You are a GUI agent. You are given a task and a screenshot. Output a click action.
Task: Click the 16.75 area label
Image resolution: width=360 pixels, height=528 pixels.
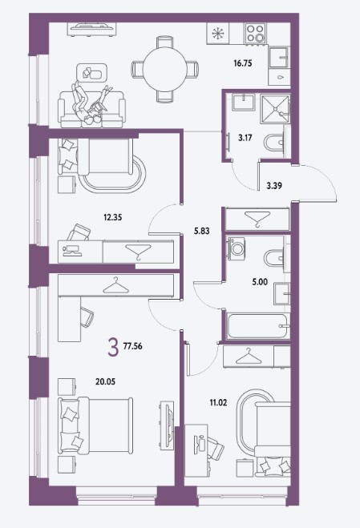(x=243, y=63)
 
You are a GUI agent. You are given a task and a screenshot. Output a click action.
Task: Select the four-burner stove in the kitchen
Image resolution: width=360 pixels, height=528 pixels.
(x=256, y=33)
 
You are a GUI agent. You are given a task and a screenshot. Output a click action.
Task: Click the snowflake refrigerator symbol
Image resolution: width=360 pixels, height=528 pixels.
(x=217, y=34)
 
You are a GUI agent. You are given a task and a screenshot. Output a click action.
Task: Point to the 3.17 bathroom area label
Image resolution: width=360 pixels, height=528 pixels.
(x=245, y=137)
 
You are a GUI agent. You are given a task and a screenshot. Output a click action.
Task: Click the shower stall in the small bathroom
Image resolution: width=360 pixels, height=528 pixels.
(x=276, y=109)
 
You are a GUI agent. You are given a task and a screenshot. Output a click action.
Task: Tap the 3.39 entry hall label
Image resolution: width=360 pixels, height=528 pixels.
(x=274, y=186)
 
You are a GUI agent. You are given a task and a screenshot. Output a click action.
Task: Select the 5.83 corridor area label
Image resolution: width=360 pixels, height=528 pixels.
(x=201, y=231)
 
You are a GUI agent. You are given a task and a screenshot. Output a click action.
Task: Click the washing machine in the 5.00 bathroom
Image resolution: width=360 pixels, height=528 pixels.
(x=237, y=248)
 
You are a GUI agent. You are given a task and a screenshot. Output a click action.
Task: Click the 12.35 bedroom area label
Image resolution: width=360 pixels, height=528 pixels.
(x=113, y=218)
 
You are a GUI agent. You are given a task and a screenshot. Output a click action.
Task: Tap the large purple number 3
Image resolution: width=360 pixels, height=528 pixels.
(x=113, y=347)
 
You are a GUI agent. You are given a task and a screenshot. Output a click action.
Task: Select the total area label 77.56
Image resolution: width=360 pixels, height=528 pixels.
(x=133, y=346)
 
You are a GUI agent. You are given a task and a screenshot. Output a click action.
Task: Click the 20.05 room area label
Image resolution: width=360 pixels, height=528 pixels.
(x=105, y=381)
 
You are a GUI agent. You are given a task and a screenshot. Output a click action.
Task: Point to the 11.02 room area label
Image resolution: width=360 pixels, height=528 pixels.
(x=218, y=402)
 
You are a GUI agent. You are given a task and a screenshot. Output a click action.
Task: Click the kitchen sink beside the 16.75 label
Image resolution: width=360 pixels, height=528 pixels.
(x=279, y=55)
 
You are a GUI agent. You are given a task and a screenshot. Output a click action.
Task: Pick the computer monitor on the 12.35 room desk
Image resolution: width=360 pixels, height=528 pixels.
(x=71, y=250)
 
